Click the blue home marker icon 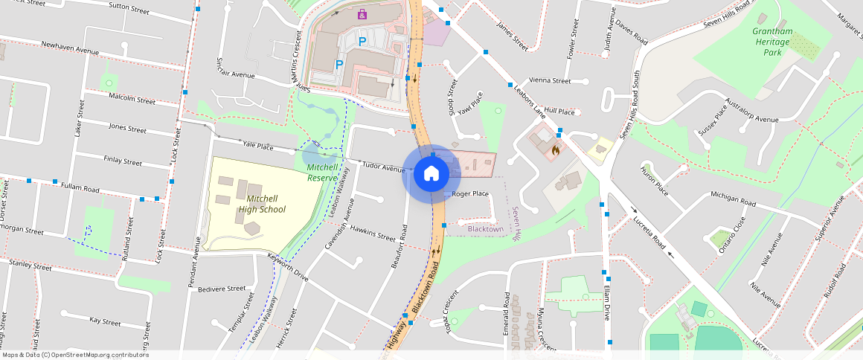point(431,174)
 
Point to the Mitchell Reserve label point(324,173)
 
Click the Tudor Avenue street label point(383,166)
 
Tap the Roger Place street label point(470,194)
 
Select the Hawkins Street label point(373,233)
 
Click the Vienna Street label point(549,80)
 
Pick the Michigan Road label point(733,199)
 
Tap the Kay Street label point(105,321)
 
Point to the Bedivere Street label point(221,288)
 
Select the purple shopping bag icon point(362,14)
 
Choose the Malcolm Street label point(132,98)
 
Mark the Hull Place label point(559,111)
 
